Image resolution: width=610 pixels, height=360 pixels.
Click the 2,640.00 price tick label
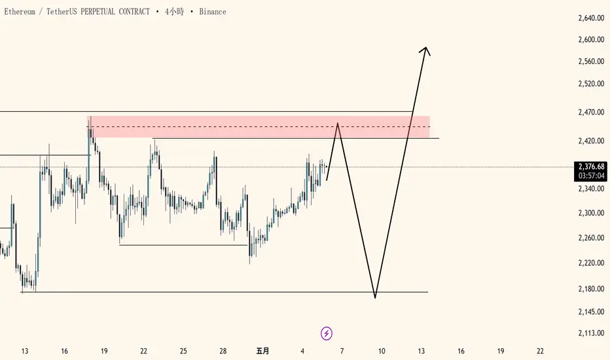click(x=591, y=18)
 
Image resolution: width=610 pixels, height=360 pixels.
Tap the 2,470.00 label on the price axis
click(x=591, y=113)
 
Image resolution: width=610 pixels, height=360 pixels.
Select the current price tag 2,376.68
click(x=591, y=167)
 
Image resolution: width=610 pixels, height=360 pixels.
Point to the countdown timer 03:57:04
click(x=591, y=176)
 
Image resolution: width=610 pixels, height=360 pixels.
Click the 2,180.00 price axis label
click(x=591, y=289)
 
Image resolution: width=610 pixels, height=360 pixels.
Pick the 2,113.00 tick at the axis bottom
click(x=591, y=333)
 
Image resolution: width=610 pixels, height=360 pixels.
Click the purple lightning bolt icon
click(x=327, y=334)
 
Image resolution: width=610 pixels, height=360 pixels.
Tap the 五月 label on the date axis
click(x=262, y=351)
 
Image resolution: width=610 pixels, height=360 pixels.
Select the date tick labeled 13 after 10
click(x=422, y=351)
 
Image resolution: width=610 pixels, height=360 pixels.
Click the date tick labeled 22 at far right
click(x=540, y=351)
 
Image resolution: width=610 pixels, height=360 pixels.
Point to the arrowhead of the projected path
click(x=426, y=48)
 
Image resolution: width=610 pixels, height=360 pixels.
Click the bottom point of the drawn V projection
click(x=375, y=298)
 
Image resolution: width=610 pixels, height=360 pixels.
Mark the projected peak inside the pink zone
click(x=338, y=123)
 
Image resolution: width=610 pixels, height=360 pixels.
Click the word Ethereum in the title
click(x=20, y=12)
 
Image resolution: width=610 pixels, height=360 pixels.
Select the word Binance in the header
click(x=213, y=12)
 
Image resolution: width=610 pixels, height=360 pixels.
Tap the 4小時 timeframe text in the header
click(x=174, y=12)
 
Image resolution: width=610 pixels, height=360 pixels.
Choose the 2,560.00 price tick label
click(x=591, y=62)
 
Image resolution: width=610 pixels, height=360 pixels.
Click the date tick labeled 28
click(x=223, y=351)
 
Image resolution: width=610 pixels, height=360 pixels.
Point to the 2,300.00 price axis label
click(x=591, y=213)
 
